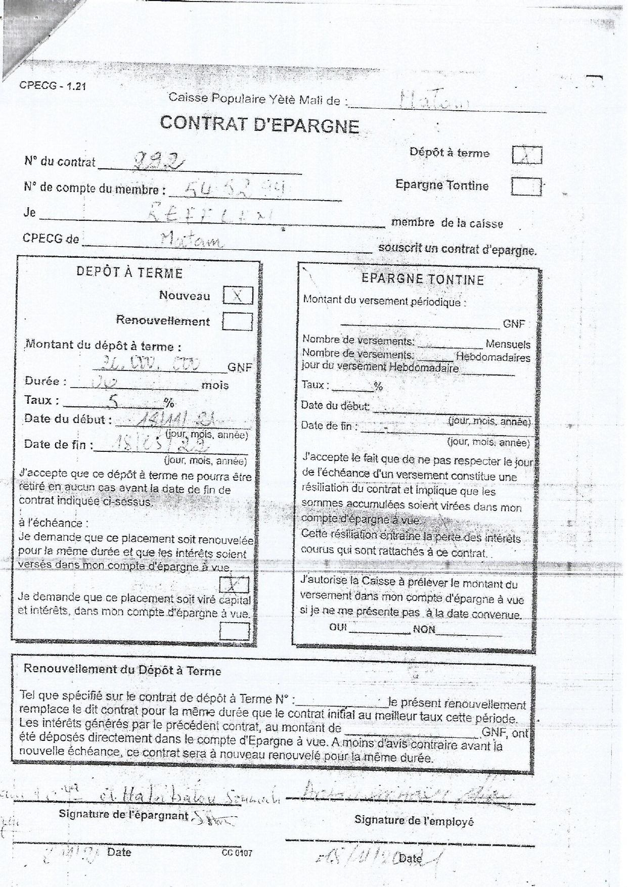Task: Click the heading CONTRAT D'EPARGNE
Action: (259, 124)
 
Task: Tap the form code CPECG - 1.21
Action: (53, 85)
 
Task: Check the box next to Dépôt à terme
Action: (526, 155)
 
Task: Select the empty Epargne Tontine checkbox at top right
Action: (526, 187)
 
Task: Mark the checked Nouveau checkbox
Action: (238, 296)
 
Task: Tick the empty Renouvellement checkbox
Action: (237, 321)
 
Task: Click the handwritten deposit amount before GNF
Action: (150, 363)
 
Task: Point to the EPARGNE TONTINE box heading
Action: (423, 279)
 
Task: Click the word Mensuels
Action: (508, 345)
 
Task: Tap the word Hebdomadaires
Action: (493, 357)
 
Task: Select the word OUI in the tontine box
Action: (337, 627)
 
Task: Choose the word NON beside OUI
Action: (424, 629)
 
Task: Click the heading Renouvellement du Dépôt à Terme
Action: (122, 670)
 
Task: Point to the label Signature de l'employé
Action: (414, 821)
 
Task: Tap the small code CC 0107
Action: (237, 853)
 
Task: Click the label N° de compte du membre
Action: (95, 189)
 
